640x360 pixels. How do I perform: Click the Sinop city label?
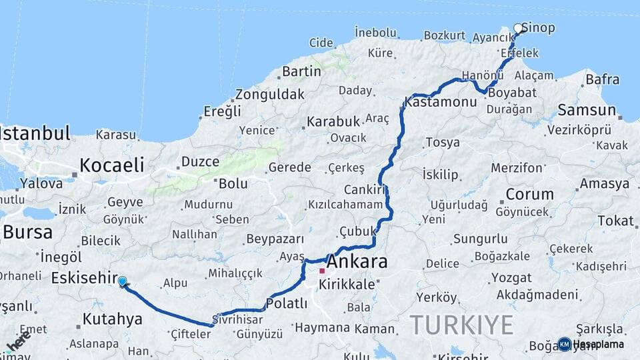click(x=538, y=28)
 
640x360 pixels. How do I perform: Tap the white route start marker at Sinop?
click(x=518, y=28)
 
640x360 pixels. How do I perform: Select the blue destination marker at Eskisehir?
click(x=122, y=281)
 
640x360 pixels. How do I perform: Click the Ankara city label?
click(x=357, y=261)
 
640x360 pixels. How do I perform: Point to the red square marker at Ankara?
click(x=322, y=271)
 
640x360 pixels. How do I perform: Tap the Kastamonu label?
click(x=441, y=102)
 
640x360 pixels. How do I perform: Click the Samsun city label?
click(x=587, y=110)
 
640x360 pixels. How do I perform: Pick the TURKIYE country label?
click(x=461, y=325)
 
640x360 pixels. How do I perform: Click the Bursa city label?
click(x=27, y=232)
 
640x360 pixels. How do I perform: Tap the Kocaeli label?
click(x=111, y=165)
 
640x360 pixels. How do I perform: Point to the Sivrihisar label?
click(x=237, y=319)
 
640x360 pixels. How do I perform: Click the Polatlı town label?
click(x=287, y=303)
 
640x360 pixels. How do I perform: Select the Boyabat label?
click(x=512, y=93)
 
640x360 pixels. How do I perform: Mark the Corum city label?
click(x=529, y=195)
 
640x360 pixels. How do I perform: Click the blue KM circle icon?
click(x=564, y=344)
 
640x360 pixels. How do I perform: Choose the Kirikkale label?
click(x=347, y=284)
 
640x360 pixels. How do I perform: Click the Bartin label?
click(x=302, y=71)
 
